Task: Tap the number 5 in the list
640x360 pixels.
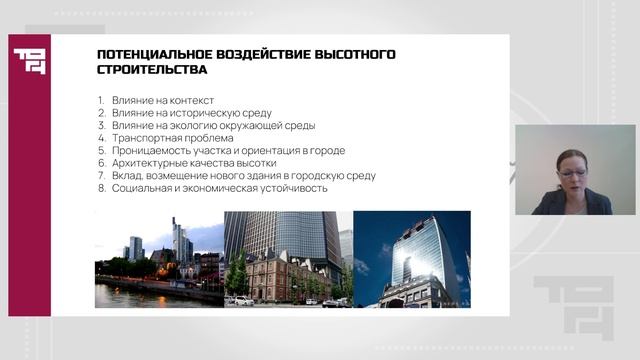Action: point(101,150)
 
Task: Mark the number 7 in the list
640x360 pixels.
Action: point(101,175)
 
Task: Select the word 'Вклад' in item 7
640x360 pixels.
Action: point(126,175)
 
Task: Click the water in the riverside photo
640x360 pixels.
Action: point(140,295)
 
